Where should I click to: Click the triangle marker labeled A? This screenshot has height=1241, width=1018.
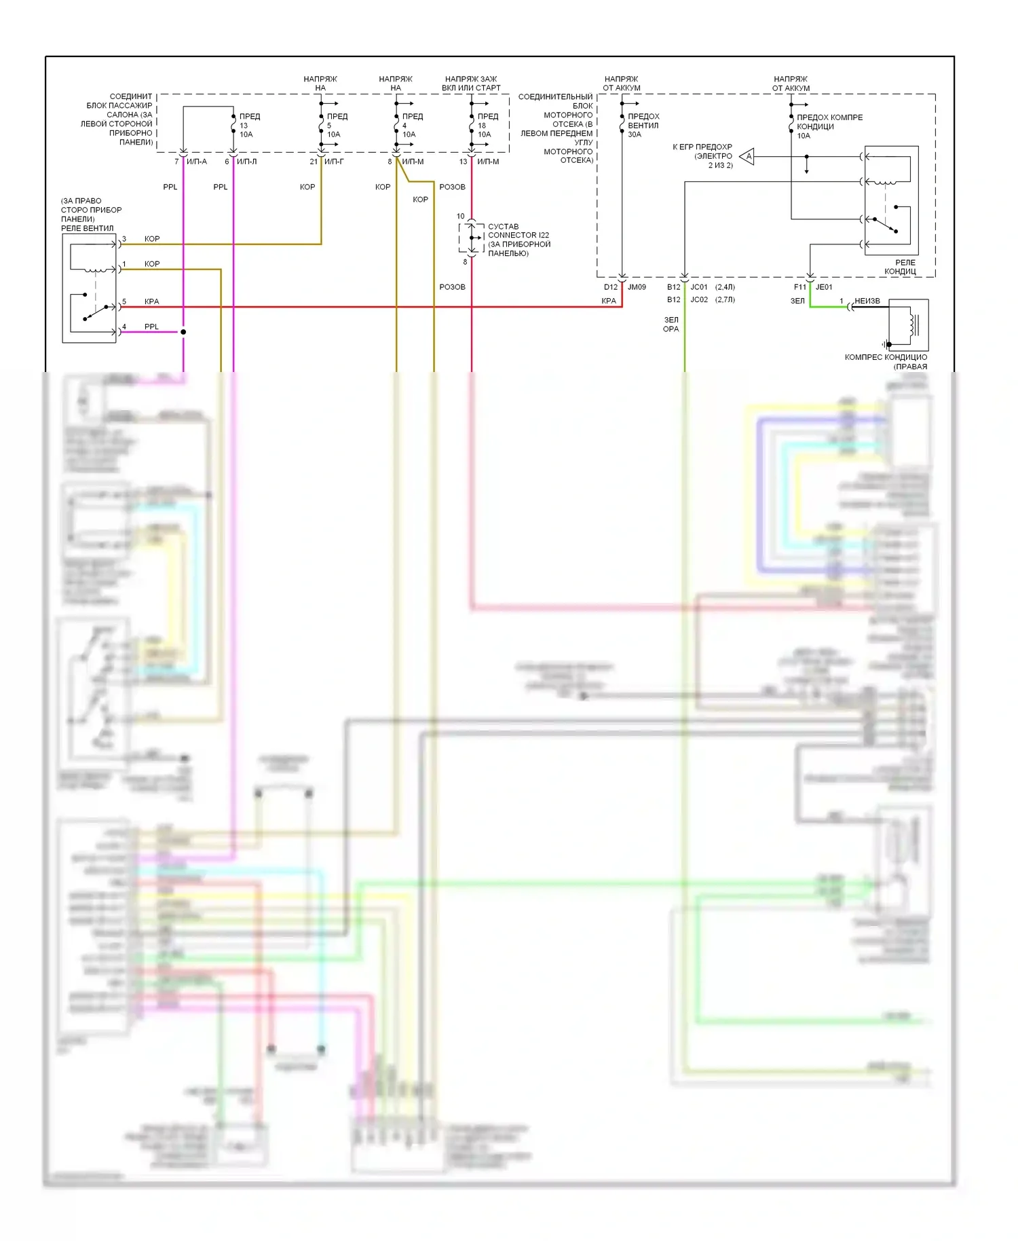click(748, 157)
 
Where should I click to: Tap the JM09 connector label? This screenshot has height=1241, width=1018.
click(637, 287)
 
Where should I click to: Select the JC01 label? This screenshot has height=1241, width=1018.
click(699, 287)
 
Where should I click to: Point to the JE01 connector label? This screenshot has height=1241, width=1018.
click(824, 287)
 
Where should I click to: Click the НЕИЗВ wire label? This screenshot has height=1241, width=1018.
click(867, 301)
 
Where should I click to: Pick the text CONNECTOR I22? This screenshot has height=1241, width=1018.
click(519, 236)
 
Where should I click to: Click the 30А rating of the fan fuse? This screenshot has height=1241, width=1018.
click(635, 134)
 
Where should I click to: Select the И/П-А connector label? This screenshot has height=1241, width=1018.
click(197, 162)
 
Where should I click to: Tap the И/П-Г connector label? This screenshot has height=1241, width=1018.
click(334, 162)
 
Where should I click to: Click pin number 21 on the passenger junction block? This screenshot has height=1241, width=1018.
click(314, 162)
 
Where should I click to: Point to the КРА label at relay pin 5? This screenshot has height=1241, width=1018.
click(151, 301)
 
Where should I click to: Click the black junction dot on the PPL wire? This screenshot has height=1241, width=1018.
click(183, 332)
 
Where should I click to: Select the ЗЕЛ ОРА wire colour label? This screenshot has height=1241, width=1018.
click(671, 325)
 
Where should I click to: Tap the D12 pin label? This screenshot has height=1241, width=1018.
click(611, 287)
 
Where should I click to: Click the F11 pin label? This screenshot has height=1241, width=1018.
click(800, 287)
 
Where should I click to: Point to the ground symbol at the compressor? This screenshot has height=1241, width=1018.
click(886, 344)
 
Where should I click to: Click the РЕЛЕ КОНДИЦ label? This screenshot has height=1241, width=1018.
click(900, 267)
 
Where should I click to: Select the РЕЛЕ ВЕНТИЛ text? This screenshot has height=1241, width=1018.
click(88, 228)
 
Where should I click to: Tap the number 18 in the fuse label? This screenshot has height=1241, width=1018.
click(482, 126)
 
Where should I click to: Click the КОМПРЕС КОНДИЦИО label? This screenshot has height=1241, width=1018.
click(886, 357)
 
